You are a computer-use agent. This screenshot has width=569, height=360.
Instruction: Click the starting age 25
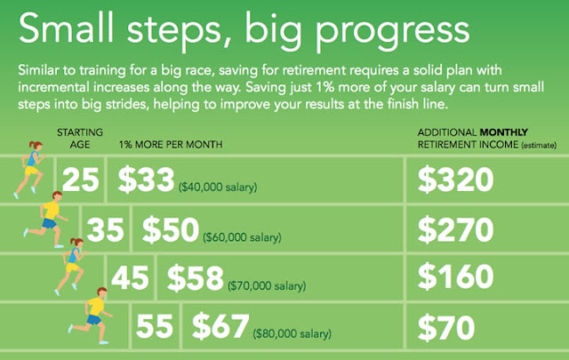tap(81, 180)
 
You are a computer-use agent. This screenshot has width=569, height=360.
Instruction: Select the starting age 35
tap(105, 229)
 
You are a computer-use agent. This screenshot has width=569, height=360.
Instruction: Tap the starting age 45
tap(130, 277)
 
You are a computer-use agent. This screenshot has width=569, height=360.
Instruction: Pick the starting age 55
tap(155, 326)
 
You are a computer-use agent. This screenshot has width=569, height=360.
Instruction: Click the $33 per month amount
tap(146, 180)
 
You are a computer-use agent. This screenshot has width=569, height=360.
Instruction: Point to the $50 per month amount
tap(171, 229)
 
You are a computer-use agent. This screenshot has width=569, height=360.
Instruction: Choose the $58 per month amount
tap(196, 277)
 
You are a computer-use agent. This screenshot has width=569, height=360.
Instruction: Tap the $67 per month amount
tap(220, 326)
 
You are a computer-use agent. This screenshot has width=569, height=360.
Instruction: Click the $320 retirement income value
tap(456, 180)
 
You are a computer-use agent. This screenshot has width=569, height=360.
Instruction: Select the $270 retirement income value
tap(456, 229)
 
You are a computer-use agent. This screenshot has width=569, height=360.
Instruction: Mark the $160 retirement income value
tap(456, 276)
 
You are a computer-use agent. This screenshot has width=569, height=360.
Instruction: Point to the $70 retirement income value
tap(446, 328)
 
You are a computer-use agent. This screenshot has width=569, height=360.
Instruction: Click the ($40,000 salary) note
tap(218, 188)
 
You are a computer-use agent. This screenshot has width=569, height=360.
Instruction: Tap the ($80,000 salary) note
tap(293, 333)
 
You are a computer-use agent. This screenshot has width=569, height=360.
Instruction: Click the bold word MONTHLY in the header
tap(504, 132)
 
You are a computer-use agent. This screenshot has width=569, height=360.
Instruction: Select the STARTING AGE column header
tap(80, 139)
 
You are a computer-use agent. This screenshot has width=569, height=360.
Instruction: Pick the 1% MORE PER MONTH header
tap(171, 144)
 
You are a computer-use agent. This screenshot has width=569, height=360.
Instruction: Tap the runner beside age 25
tap(29, 170)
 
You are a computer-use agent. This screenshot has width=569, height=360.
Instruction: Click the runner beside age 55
tap(91, 315)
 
